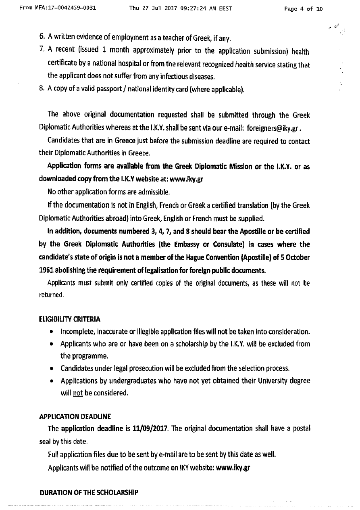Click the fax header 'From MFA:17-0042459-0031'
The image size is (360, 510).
coord(57,7)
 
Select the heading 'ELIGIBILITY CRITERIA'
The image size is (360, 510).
coord(70,319)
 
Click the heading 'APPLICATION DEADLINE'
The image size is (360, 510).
coord(75,416)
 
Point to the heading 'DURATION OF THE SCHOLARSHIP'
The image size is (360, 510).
coord(89,493)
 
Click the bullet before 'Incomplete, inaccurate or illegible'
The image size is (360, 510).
coord(52,332)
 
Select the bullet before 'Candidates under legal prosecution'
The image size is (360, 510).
coord(52,369)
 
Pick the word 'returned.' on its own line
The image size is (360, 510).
coord(52,295)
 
